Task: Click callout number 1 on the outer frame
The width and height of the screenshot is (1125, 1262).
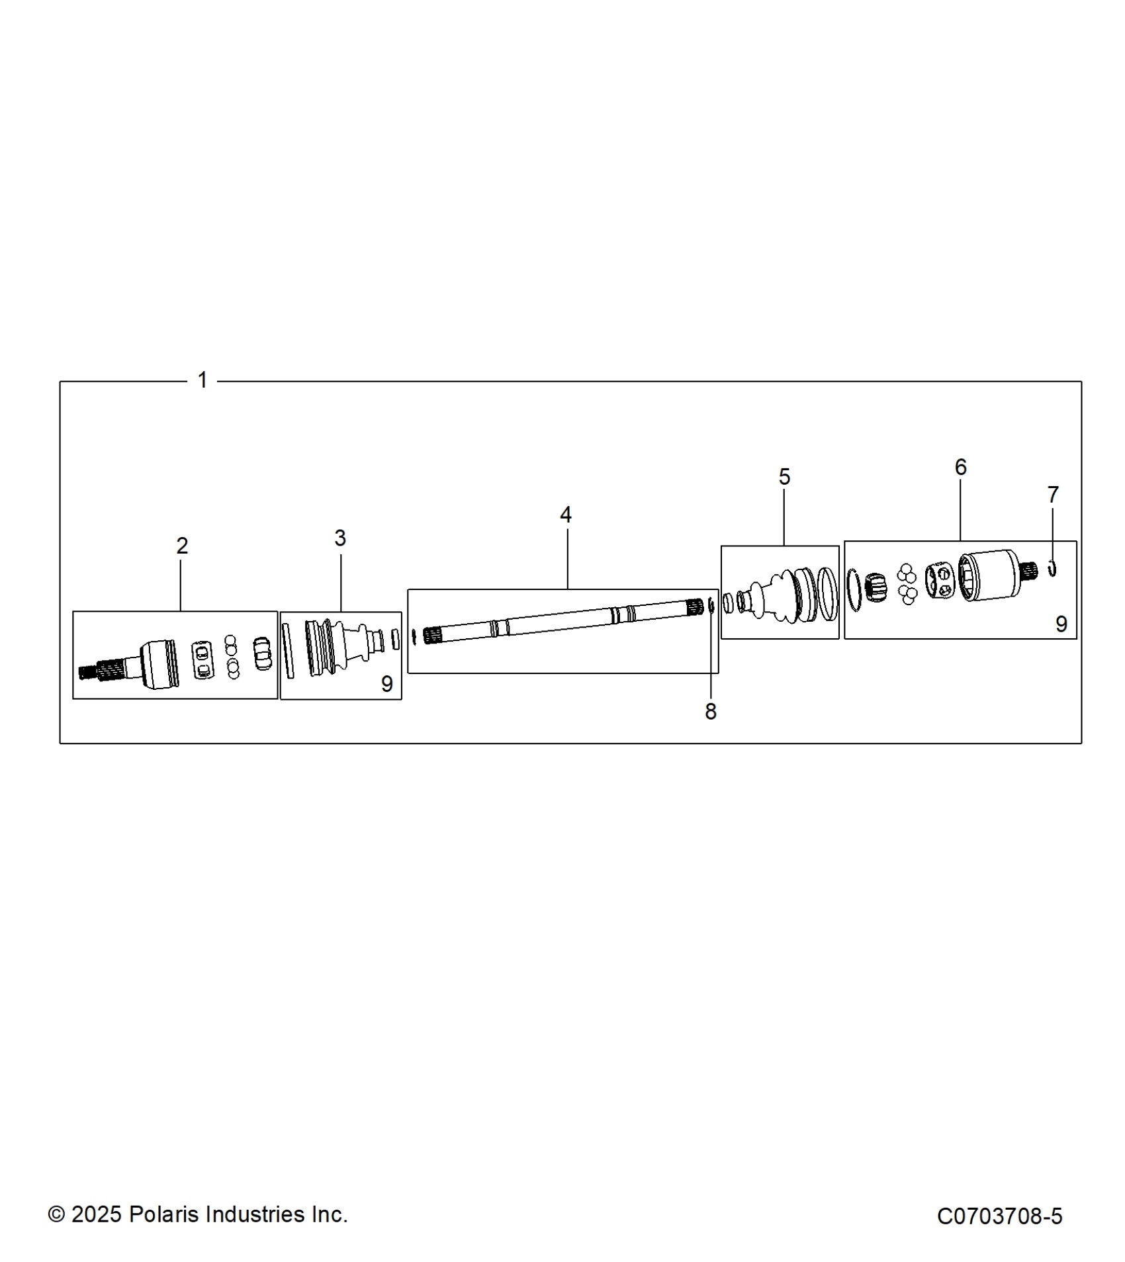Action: [202, 380]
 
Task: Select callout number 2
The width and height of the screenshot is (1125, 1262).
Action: [182, 546]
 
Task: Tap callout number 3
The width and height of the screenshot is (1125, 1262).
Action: [340, 538]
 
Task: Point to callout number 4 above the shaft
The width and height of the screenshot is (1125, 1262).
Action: [566, 515]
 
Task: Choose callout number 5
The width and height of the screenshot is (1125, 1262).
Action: [784, 477]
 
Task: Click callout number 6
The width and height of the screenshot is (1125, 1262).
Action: [961, 468]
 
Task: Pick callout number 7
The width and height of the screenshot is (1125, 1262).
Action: [1053, 494]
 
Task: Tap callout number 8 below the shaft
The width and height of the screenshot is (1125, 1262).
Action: [711, 712]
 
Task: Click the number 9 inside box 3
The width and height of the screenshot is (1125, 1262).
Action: [387, 684]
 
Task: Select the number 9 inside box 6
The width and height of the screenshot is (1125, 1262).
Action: [1061, 624]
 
